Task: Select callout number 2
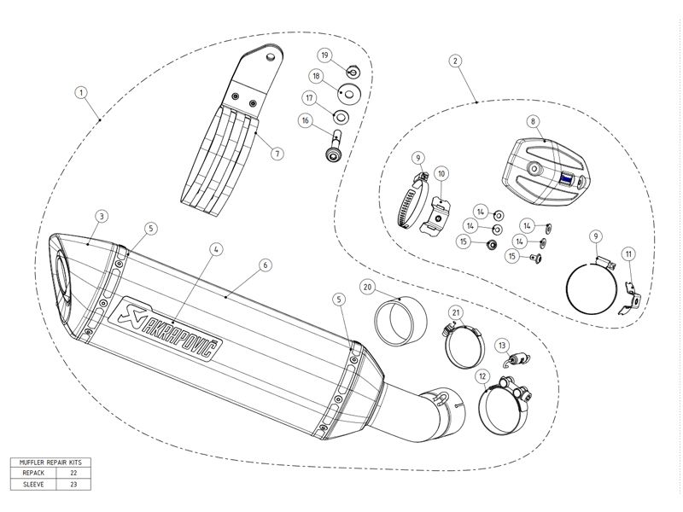point(456,61)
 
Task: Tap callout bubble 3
point(101,217)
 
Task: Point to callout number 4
point(217,248)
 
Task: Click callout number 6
point(266,265)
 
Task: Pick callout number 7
point(277,154)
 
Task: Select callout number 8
point(532,122)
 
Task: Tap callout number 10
point(441,173)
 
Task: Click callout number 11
point(628,253)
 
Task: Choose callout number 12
point(482,375)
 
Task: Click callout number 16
point(303,122)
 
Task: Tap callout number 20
point(367,287)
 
